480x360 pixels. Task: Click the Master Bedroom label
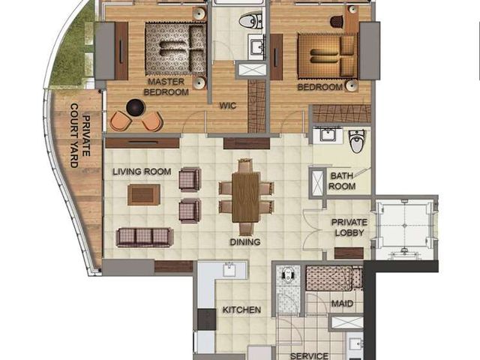pos(166,87)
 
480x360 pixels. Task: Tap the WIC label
pos(228,106)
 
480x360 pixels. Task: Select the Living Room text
pos(142,172)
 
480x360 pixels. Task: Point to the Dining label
pos(245,242)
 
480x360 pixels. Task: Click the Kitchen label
pos(241,310)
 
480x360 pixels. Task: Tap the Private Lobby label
pos(349,227)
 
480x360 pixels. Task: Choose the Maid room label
pos(342,304)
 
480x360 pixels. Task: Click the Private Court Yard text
pos(80,136)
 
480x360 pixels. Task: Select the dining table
pos(246,197)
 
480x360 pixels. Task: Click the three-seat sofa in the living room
pos(145,237)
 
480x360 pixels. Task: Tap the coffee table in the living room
pos(144,195)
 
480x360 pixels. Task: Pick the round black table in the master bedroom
pos(135,107)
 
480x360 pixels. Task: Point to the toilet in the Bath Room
pos(357,141)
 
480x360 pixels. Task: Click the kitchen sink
pos(229,270)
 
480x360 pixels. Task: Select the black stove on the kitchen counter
pos(207,319)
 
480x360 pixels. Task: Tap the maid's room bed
pos(334,278)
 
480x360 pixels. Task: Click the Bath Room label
pos(342,181)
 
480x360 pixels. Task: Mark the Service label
pos(309,356)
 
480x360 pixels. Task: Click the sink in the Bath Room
pos(328,135)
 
